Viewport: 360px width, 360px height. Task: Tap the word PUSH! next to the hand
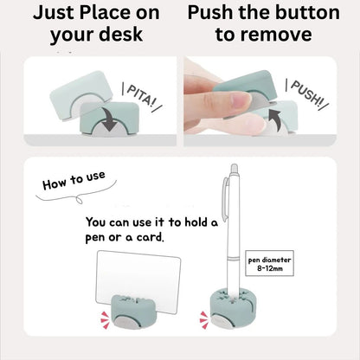(306, 93)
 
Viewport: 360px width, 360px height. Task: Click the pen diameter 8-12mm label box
(269, 263)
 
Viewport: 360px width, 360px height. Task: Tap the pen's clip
(225, 196)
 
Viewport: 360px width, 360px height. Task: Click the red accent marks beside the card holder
(105, 320)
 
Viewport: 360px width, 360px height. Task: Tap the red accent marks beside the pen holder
(204, 319)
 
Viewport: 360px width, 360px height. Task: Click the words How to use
(74, 181)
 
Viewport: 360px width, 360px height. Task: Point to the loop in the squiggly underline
(80, 200)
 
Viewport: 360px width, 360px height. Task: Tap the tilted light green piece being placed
(80, 95)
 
